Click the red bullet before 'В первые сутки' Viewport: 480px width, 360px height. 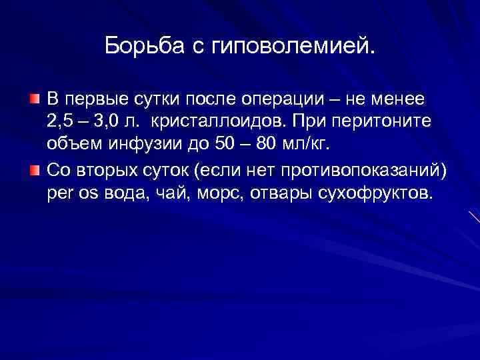(33, 99)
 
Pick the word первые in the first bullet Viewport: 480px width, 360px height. (93, 99)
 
